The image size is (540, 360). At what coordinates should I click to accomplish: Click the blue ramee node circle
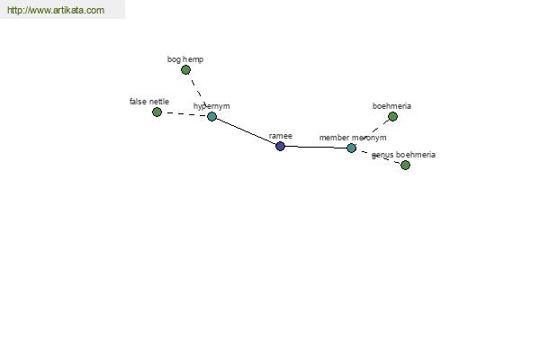pyautogui.click(x=280, y=146)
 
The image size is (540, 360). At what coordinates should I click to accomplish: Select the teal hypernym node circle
pyautogui.click(x=212, y=116)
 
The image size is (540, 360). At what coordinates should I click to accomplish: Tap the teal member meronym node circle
pyautogui.click(x=351, y=148)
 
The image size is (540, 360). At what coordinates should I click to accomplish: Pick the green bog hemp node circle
pyautogui.click(x=185, y=70)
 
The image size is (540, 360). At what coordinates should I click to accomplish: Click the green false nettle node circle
pyautogui.click(x=157, y=112)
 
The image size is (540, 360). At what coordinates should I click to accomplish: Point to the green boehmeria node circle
pyautogui.click(x=392, y=117)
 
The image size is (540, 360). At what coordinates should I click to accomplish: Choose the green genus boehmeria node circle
pyautogui.click(x=405, y=166)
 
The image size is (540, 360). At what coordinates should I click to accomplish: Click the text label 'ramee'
pyautogui.click(x=280, y=136)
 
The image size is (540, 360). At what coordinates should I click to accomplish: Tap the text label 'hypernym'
pyautogui.click(x=211, y=106)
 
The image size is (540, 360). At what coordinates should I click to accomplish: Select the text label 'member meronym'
pyautogui.click(x=353, y=138)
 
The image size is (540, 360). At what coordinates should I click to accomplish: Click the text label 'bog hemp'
pyautogui.click(x=185, y=59)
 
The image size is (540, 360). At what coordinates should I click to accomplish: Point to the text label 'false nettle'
pyautogui.click(x=149, y=102)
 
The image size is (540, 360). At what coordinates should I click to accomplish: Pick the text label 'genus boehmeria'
pyautogui.click(x=403, y=155)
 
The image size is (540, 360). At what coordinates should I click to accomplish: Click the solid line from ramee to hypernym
pyautogui.click(x=247, y=131)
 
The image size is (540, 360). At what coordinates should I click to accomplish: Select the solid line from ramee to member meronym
pyautogui.click(x=316, y=147)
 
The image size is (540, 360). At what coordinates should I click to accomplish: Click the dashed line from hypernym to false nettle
pyautogui.click(x=184, y=114)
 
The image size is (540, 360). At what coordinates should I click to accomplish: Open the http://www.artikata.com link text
pyautogui.click(x=56, y=10)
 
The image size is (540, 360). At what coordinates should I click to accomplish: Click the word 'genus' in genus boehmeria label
pyautogui.click(x=382, y=156)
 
